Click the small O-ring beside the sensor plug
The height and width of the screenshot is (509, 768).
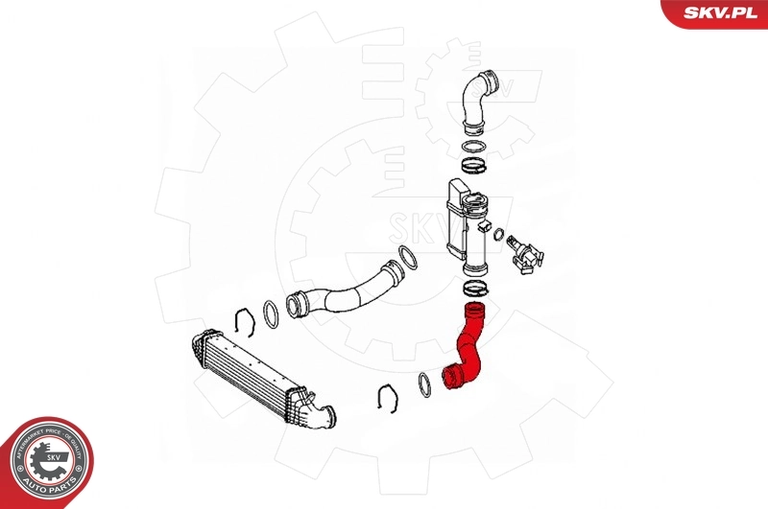point(500,233)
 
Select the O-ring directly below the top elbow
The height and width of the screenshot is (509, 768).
point(473,147)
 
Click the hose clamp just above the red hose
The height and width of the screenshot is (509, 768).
point(472,287)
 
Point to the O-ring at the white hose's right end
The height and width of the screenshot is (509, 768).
point(408,259)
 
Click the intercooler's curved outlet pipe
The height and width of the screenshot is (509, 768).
point(317,413)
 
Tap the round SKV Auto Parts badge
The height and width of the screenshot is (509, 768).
point(48,464)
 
